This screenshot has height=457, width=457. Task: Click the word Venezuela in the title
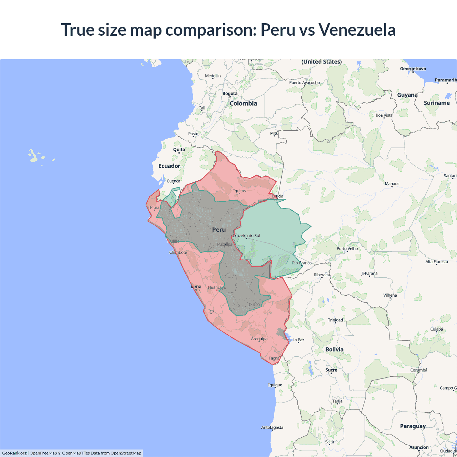click(357, 30)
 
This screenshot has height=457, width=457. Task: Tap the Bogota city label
click(230, 94)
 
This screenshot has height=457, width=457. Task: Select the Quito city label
click(179, 150)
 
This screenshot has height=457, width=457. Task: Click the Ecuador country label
click(169, 166)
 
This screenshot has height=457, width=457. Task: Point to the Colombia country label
click(243, 104)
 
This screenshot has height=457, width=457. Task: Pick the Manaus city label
click(392, 184)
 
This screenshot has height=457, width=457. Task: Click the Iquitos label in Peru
click(240, 191)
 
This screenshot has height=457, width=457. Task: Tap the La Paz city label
click(298, 340)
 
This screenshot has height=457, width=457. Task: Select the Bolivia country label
click(334, 350)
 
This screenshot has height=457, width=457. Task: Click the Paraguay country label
click(413, 426)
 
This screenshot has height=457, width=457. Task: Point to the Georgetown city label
click(413, 69)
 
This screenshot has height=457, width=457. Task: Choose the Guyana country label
click(407, 95)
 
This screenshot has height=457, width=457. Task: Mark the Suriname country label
click(437, 103)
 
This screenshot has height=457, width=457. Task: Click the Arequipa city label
click(259, 339)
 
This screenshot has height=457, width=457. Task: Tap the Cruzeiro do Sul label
click(246, 236)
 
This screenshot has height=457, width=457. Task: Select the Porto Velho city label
click(347, 248)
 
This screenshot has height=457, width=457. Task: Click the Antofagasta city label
click(272, 427)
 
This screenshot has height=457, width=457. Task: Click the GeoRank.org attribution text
click(14, 453)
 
